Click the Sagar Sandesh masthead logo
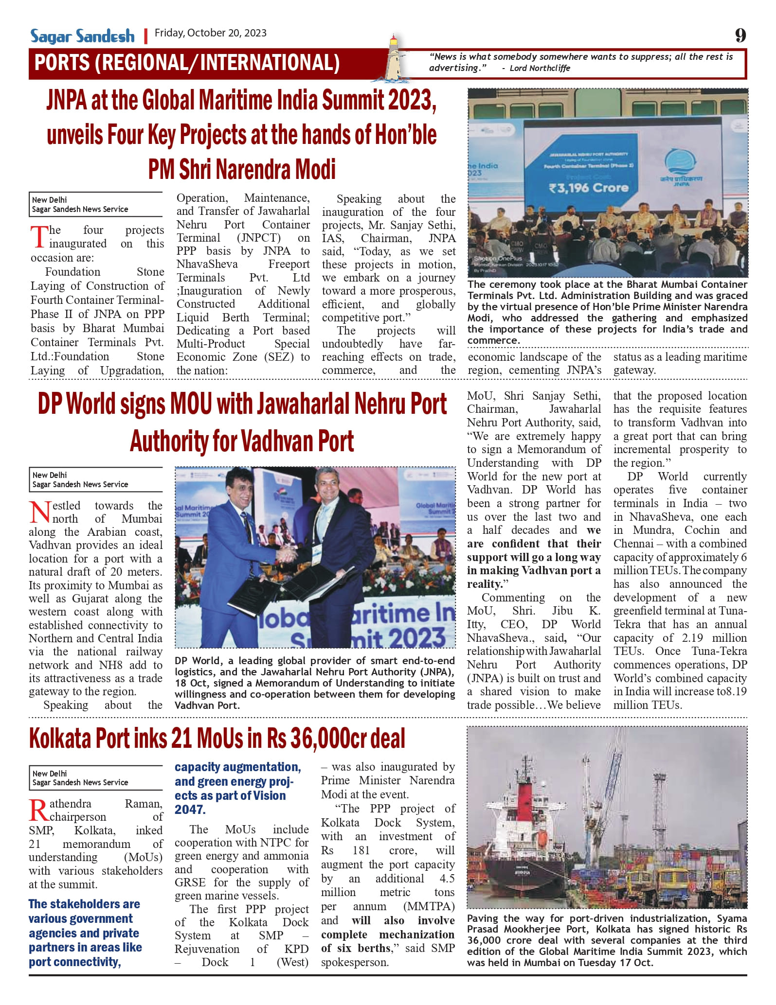point(82,36)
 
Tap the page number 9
point(740,35)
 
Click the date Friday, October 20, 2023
point(210,33)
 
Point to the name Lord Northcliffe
point(540,68)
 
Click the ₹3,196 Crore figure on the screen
point(588,188)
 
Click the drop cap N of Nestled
point(39,512)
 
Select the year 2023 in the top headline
point(410,100)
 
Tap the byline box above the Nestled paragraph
point(95,479)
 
